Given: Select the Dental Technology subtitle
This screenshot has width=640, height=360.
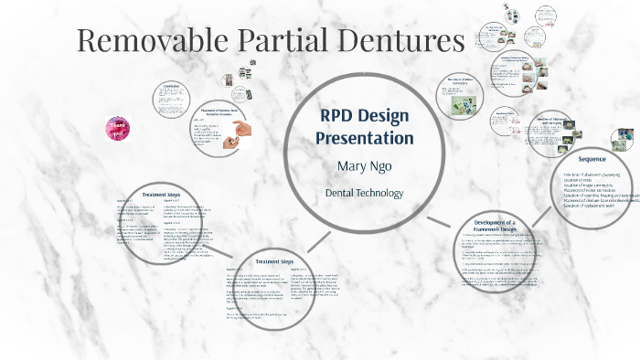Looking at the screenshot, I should [x=365, y=194].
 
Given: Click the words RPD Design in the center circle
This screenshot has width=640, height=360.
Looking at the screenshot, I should [x=365, y=116].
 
